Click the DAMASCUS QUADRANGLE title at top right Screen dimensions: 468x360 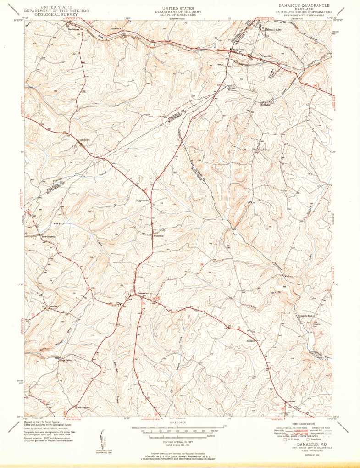click(x=299, y=5)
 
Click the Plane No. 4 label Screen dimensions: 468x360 click(x=116, y=29)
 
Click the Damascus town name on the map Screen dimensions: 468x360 click(x=144, y=293)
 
